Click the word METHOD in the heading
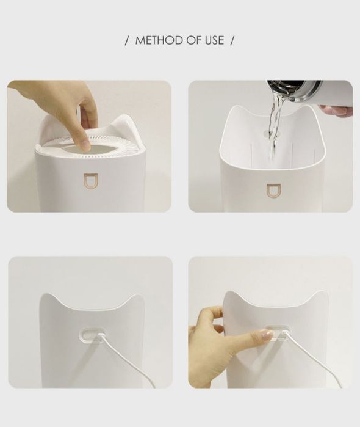[159, 40]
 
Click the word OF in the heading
[194, 40]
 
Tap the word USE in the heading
[214, 40]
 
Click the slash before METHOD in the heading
[127, 40]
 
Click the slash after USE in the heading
[232, 40]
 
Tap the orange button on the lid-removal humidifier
[90, 181]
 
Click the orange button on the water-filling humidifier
[273, 191]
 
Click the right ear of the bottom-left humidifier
[135, 301]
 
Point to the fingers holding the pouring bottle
[336, 111]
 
